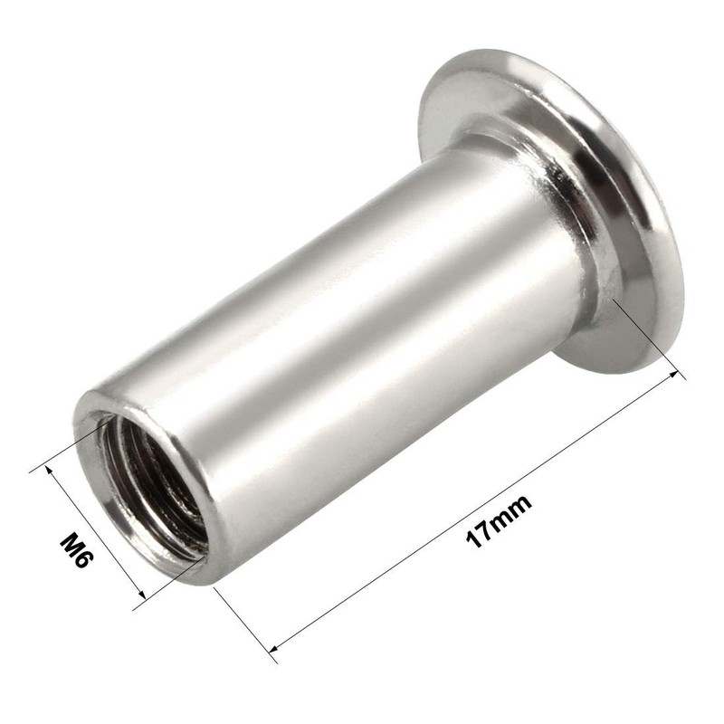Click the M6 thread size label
[x=76, y=551]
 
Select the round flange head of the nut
[x=579, y=208]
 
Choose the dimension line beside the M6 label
[x=90, y=534]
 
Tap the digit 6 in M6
[x=82, y=562]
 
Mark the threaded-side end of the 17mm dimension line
[x=271, y=648]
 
